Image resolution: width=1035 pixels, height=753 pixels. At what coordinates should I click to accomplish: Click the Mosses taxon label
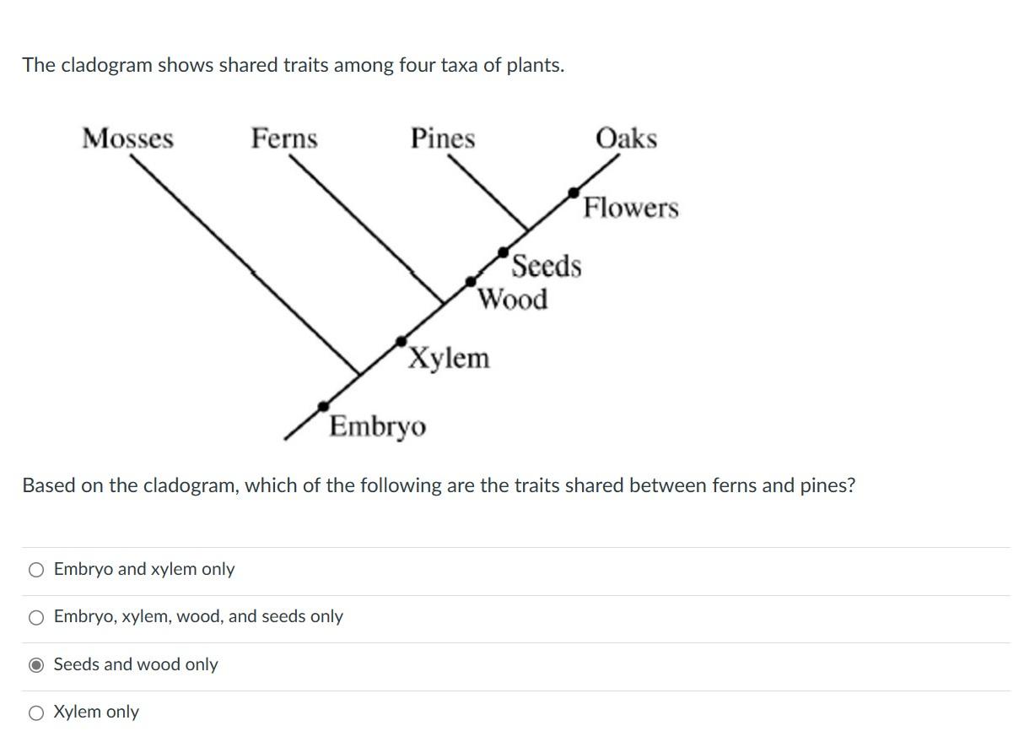pos(127,138)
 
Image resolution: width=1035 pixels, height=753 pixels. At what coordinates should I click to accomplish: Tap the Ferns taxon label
pos(284,138)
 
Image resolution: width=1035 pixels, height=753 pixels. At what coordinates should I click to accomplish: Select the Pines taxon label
pos(443,138)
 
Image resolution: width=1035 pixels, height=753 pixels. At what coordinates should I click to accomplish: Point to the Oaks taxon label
pos(626,138)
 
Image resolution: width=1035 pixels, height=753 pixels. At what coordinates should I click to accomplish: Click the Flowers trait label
pos(631,208)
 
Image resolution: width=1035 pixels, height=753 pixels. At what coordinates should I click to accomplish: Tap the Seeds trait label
pos(547,266)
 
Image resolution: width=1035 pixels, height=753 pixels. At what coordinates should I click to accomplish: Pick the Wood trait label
pos(513,299)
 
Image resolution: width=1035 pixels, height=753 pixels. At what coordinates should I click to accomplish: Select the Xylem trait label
pos(449,358)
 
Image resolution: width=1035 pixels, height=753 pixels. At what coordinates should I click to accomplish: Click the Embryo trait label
pos(378,426)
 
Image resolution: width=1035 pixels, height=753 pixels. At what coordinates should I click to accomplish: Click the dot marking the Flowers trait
pos(574,192)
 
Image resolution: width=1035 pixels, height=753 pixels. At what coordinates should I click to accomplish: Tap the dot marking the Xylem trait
pos(402,341)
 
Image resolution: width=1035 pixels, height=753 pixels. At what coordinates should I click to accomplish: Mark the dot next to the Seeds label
pos(504,252)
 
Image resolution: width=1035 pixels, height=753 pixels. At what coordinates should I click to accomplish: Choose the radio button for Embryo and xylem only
pos(36,570)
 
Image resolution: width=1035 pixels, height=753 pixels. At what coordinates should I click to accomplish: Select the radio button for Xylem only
pos(36,713)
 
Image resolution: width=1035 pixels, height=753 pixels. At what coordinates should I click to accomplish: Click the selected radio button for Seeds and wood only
pos(36,665)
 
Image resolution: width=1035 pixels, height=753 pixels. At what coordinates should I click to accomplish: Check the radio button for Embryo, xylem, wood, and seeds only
pos(36,618)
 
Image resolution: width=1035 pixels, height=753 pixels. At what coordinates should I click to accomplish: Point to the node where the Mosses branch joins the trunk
pos(360,373)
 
